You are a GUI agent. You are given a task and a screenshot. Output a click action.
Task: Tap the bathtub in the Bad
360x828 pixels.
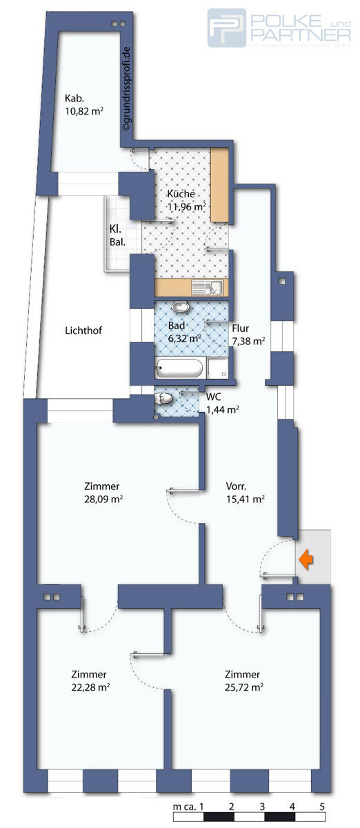tap(179, 368)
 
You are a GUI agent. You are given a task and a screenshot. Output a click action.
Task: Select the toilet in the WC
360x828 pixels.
tap(165, 398)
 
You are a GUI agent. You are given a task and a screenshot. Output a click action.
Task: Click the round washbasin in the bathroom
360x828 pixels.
tap(181, 308)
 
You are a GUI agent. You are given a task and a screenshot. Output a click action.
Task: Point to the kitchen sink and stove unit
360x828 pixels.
tap(206, 287)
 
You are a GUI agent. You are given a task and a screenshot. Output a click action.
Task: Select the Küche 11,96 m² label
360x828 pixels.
tap(186, 200)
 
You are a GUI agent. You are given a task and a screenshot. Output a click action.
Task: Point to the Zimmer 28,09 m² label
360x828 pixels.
tap(103, 491)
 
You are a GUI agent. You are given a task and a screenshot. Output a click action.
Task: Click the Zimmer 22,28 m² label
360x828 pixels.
tap(90, 680)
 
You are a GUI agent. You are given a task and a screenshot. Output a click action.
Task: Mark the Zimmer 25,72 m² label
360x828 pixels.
tap(242, 680)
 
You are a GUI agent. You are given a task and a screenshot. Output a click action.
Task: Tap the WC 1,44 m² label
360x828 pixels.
tap(222, 403)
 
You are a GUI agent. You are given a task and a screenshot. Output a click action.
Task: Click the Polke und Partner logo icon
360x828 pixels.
tap(227, 28)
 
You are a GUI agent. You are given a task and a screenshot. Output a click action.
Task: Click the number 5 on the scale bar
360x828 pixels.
tap(322, 806)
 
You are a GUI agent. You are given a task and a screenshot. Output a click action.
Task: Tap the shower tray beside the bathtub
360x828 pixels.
tap(217, 368)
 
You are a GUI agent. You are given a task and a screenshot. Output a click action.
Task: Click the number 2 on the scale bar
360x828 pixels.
tap(232, 806)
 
